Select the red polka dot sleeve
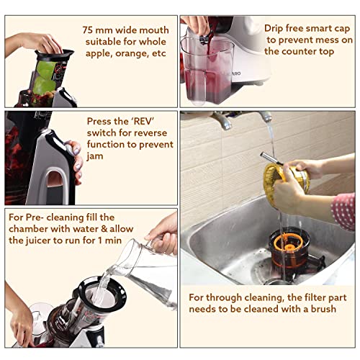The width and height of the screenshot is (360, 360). (x=343, y=210)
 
